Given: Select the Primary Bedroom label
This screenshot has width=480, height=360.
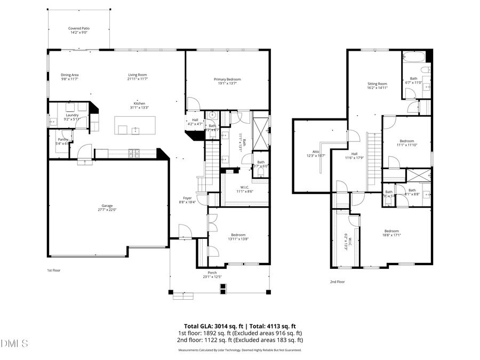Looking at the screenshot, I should click(x=227, y=79).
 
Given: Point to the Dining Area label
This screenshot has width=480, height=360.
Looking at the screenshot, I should click(x=69, y=75).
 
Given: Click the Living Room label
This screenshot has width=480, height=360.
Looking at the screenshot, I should click(x=137, y=75).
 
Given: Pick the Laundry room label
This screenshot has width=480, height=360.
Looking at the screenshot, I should click(x=72, y=115).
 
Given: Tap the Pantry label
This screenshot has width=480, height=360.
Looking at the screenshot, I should click(x=63, y=139).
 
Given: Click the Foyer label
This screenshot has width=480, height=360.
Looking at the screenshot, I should click(x=188, y=198).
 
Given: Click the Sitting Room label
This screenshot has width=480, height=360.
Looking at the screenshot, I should click(x=377, y=84).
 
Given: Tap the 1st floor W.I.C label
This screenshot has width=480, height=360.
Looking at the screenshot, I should click(x=245, y=187).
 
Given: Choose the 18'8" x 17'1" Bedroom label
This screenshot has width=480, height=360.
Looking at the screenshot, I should click(x=391, y=231).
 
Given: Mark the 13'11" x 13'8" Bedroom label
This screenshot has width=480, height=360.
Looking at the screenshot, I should click(x=238, y=235).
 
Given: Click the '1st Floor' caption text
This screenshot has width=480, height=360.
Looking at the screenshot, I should click(x=53, y=270).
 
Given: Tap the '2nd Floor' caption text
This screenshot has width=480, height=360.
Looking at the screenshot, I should click(x=337, y=282).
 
